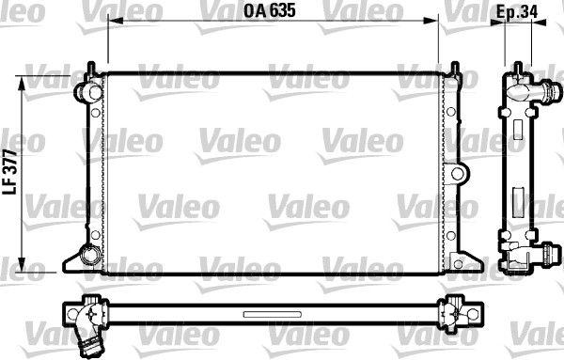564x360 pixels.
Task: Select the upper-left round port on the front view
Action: tap(88, 92)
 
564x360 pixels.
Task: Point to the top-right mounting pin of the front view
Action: tap(455, 69)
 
